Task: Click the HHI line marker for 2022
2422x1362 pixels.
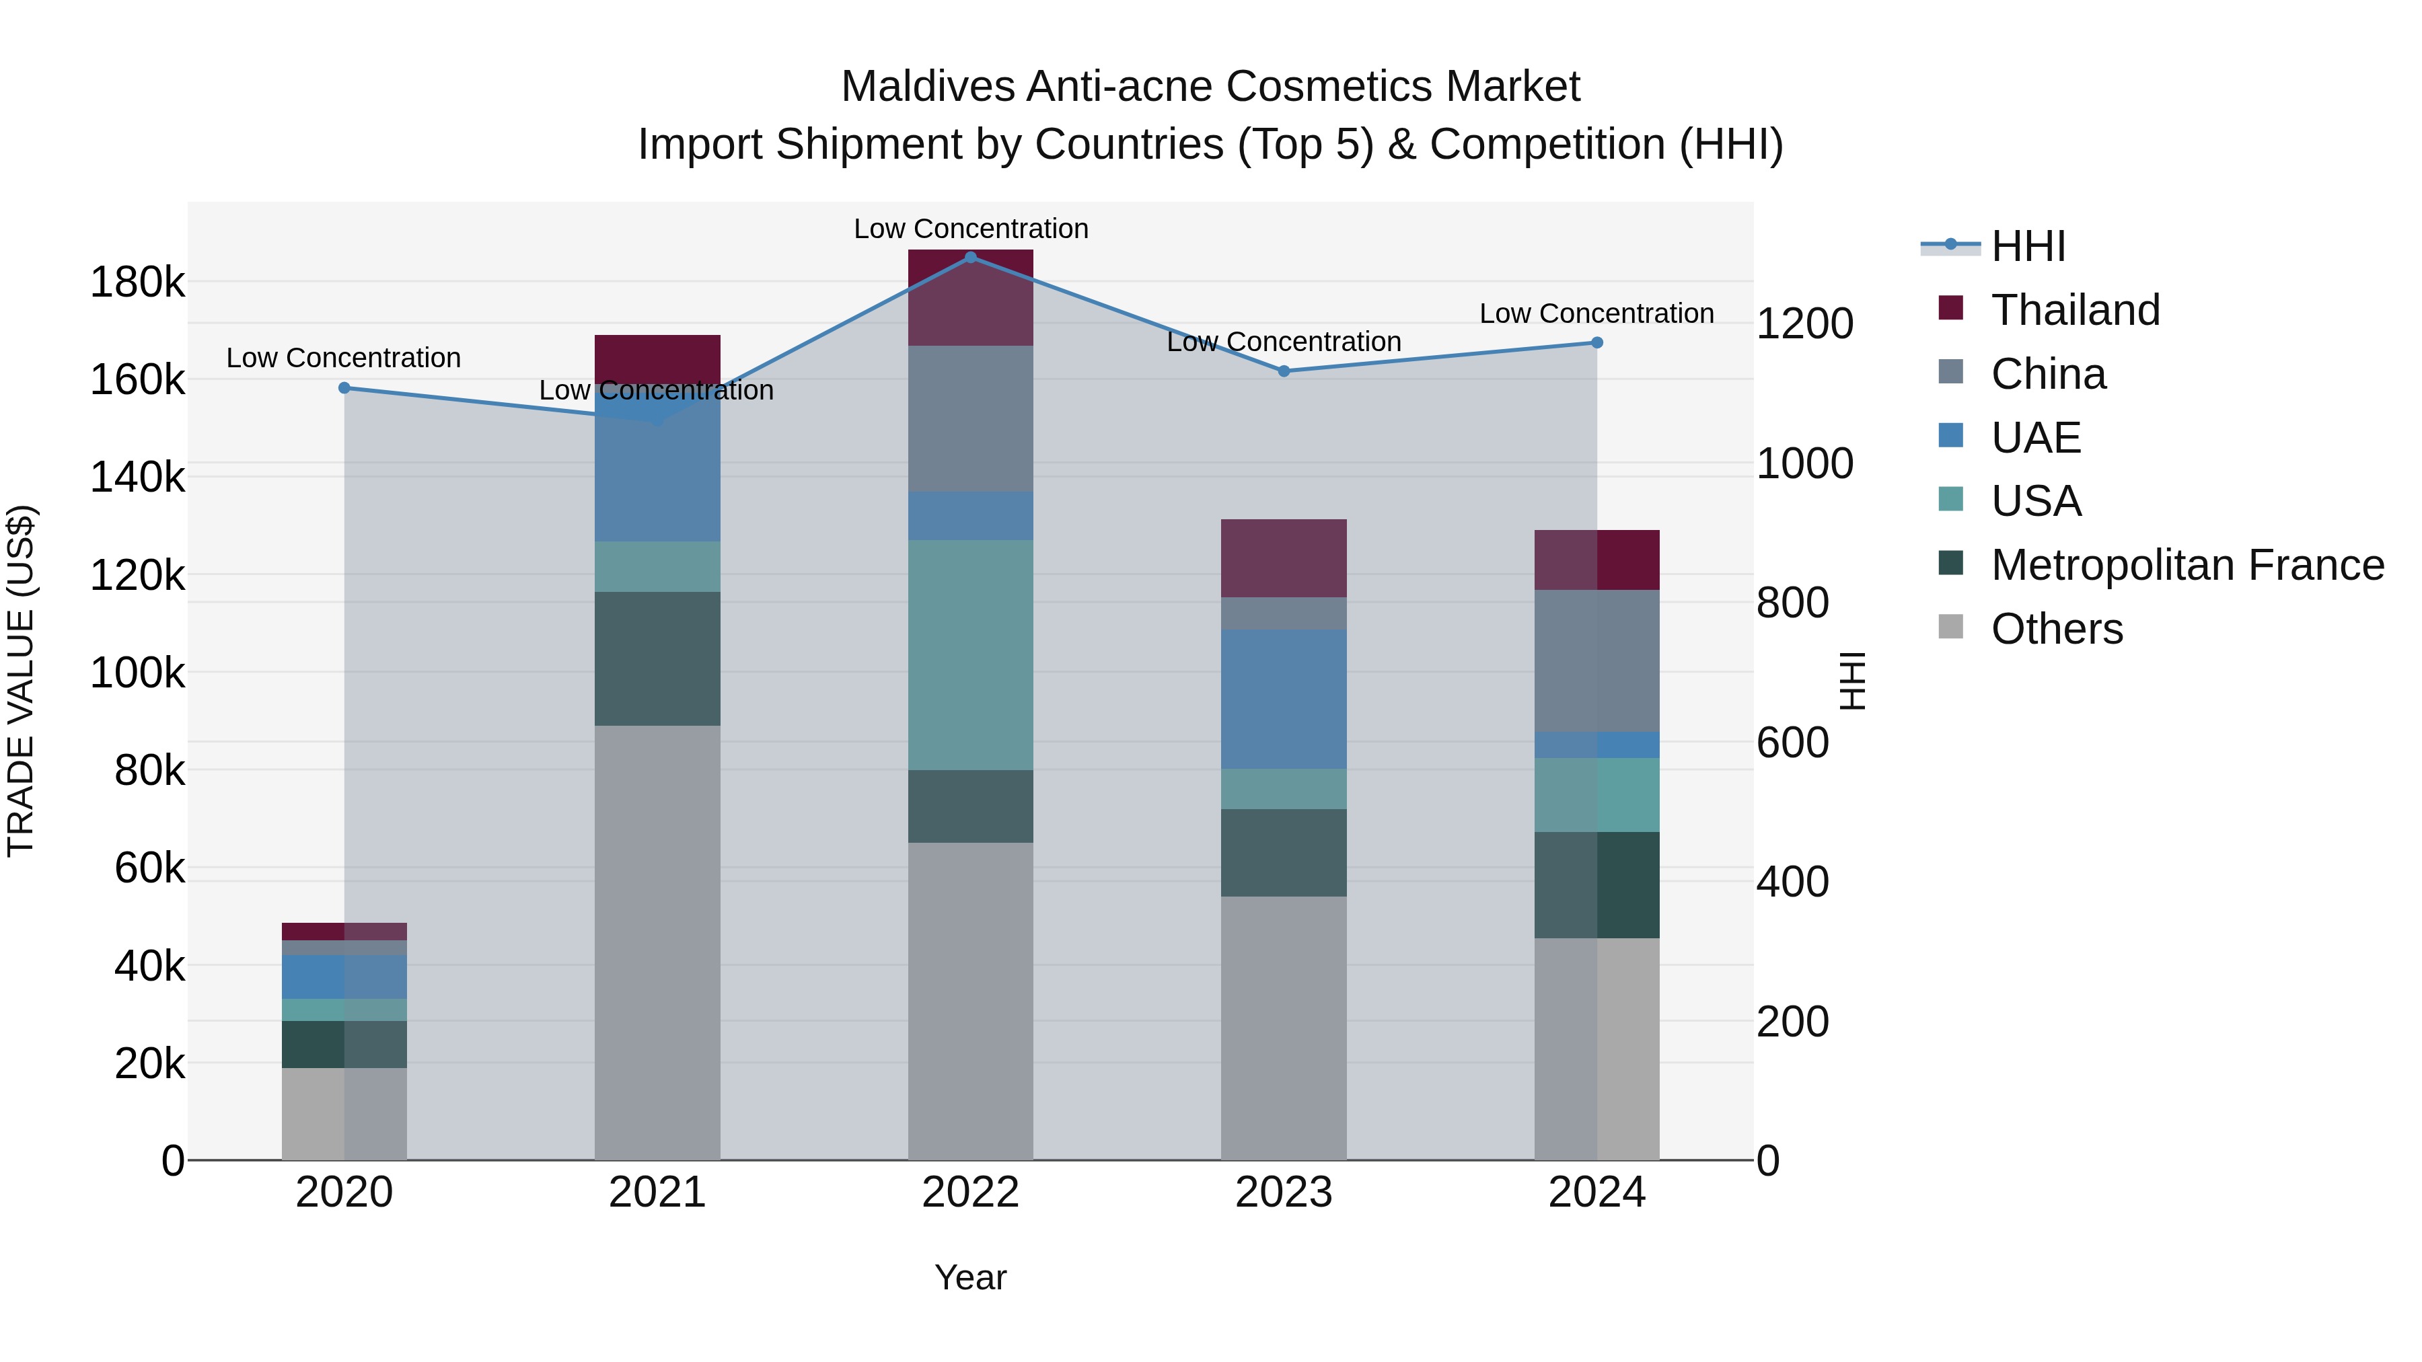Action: pos(970,258)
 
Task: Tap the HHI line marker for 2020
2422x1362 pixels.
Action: pos(344,388)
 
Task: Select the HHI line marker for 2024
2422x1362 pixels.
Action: pos(1597,343)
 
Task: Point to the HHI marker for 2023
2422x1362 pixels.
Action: pos(1284,371)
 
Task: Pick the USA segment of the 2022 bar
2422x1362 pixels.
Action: pos(970,655)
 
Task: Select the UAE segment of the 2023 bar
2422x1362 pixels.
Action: pos(1284,699)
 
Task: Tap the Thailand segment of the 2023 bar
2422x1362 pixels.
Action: pos(1284,558)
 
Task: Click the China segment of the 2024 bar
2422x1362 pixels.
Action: pos(1597,660)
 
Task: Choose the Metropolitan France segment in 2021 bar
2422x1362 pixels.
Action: pos(657,658)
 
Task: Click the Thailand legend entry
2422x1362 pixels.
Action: pos(2075,310)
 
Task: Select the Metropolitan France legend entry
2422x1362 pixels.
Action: pos(2187,565)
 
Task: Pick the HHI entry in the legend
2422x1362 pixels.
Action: pos(2028,246)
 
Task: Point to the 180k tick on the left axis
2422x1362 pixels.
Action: pos(137,282)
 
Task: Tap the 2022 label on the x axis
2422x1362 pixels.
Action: pos(970,1193)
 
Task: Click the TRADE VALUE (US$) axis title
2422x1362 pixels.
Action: pos(21,681)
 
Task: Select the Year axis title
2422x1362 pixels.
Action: pos(970,1277)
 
